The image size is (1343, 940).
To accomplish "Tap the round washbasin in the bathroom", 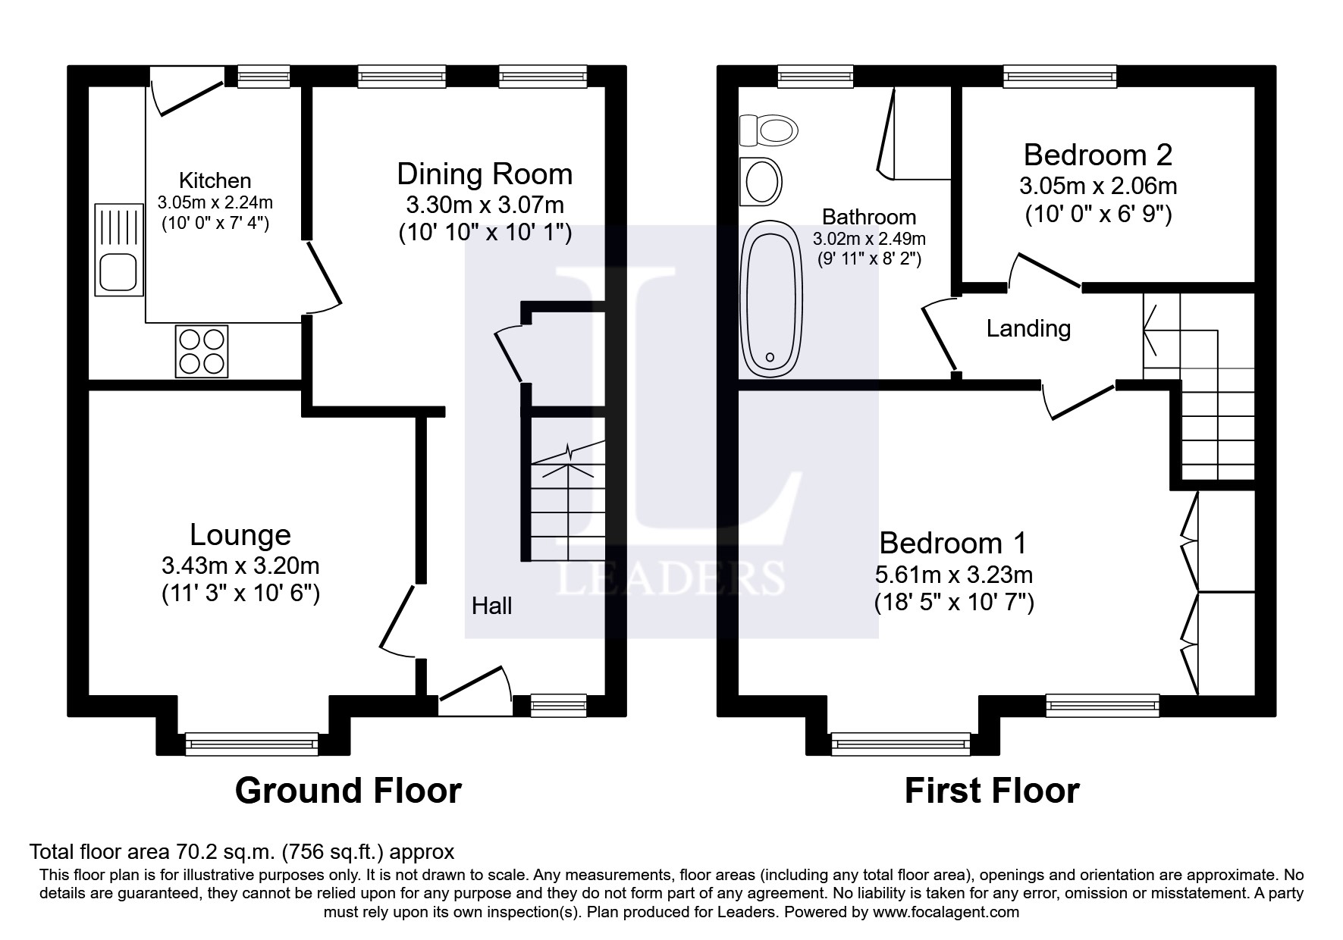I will coord(762,181).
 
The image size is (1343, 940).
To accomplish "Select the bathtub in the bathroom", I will coord(771,299).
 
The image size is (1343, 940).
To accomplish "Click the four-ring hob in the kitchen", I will coord(201,351).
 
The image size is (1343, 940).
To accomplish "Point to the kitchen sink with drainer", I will coord(119,249).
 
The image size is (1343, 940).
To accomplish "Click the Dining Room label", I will coord(485,174).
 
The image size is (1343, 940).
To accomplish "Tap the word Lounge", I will coord(240,535).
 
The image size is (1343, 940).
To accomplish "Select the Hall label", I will coord(491,606).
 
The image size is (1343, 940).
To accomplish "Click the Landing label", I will coord(1028,328).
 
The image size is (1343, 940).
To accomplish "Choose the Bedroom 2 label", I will coord(1097,155).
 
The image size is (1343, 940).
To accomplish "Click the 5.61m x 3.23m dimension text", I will coord(953,575).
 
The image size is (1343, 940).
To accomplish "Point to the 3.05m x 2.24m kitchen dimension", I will coord(215,202).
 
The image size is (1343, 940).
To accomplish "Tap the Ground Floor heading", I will coord(348,791).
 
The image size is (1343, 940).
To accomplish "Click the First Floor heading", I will coord(991,791).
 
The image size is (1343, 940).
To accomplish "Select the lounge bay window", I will coord(252,744).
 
